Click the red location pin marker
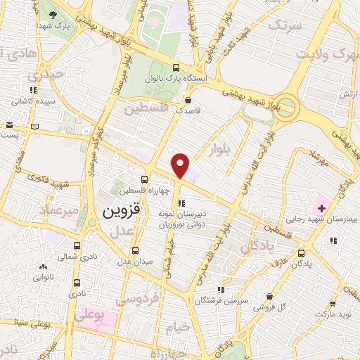[x=181, y=166]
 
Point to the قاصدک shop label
[x=188, y=110]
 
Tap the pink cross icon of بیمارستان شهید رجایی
[x=321, y=207]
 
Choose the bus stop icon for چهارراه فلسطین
[x=144, y=179]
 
